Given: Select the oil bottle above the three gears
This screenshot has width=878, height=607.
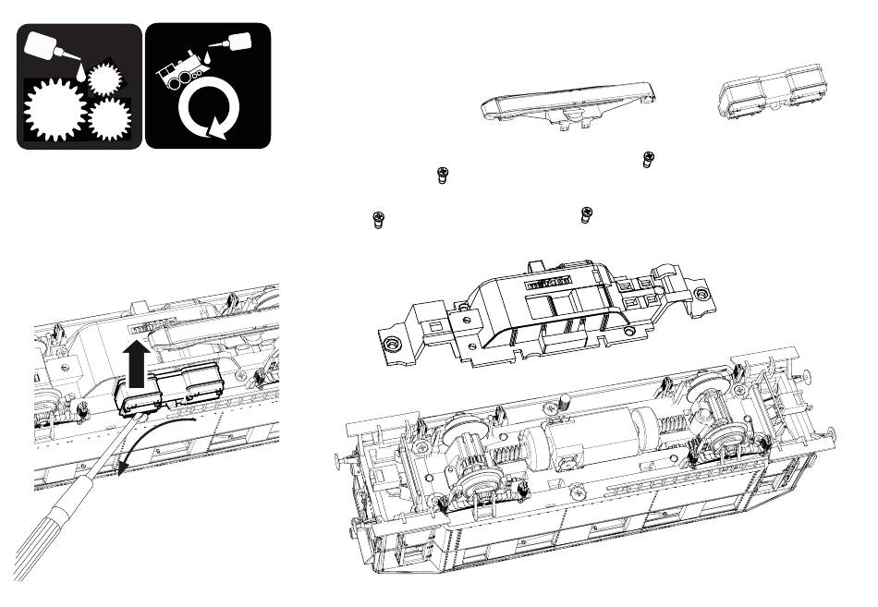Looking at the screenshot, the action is click(47, 44).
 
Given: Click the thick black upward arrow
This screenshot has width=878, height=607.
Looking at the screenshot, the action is click(137, 362).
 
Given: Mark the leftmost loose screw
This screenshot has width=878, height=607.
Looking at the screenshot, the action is click(377, 219).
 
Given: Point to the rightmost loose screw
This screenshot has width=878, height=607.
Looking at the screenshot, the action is click(648, 160).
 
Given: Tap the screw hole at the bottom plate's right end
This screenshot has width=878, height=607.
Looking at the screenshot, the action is click(707, 293).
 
